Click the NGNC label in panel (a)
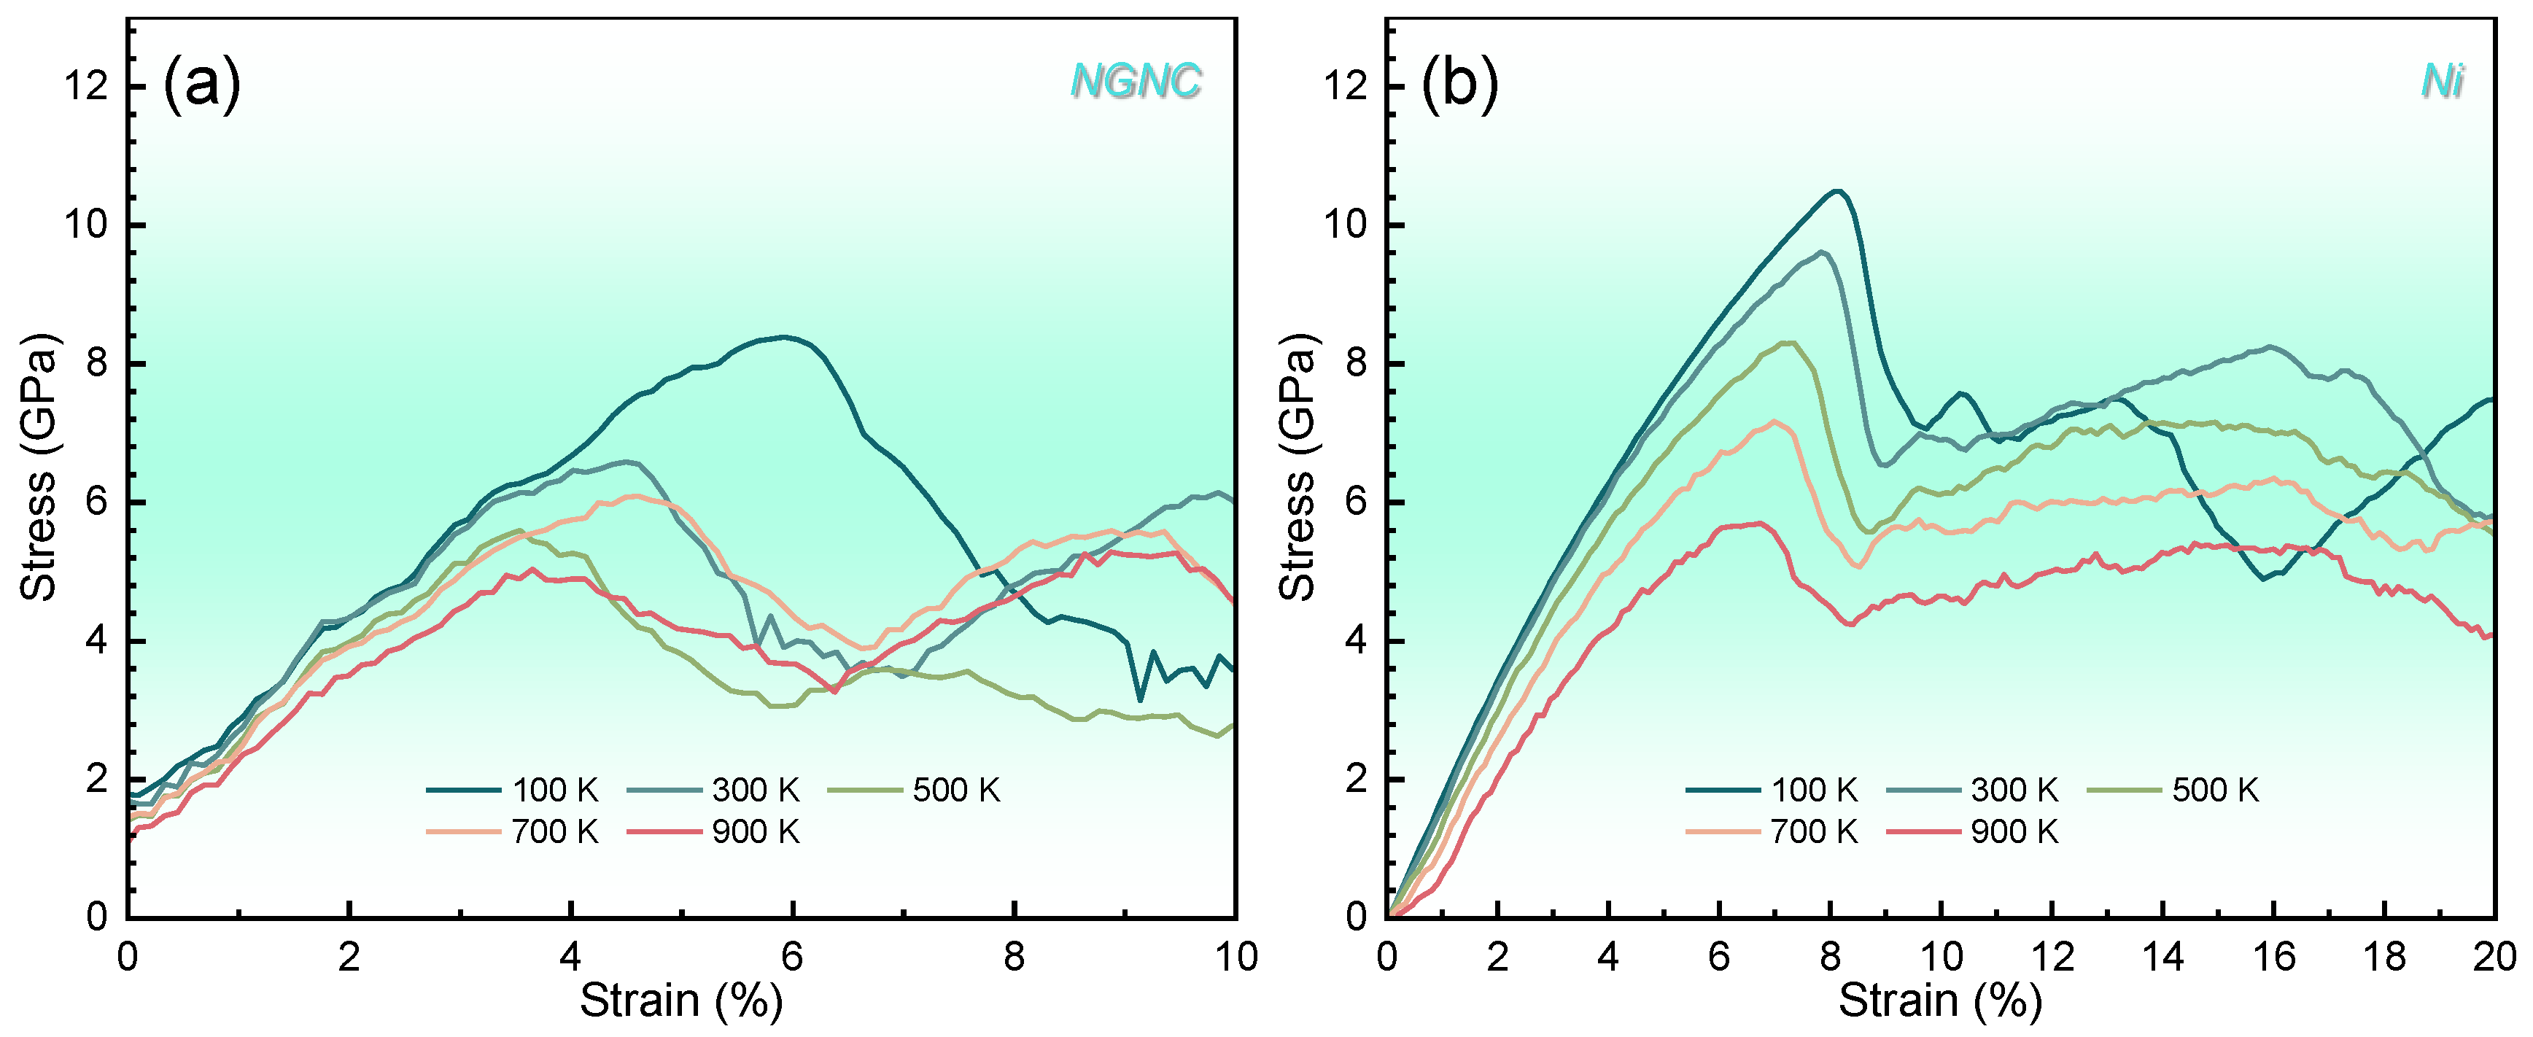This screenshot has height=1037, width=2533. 1136,81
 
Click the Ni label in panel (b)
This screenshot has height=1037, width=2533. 2443,81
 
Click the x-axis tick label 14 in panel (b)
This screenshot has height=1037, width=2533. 2162,956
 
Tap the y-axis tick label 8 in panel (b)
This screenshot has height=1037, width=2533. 1356,364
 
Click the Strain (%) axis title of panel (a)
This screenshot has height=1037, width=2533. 680,1001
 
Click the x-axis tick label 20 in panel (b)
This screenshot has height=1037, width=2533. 2494,956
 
